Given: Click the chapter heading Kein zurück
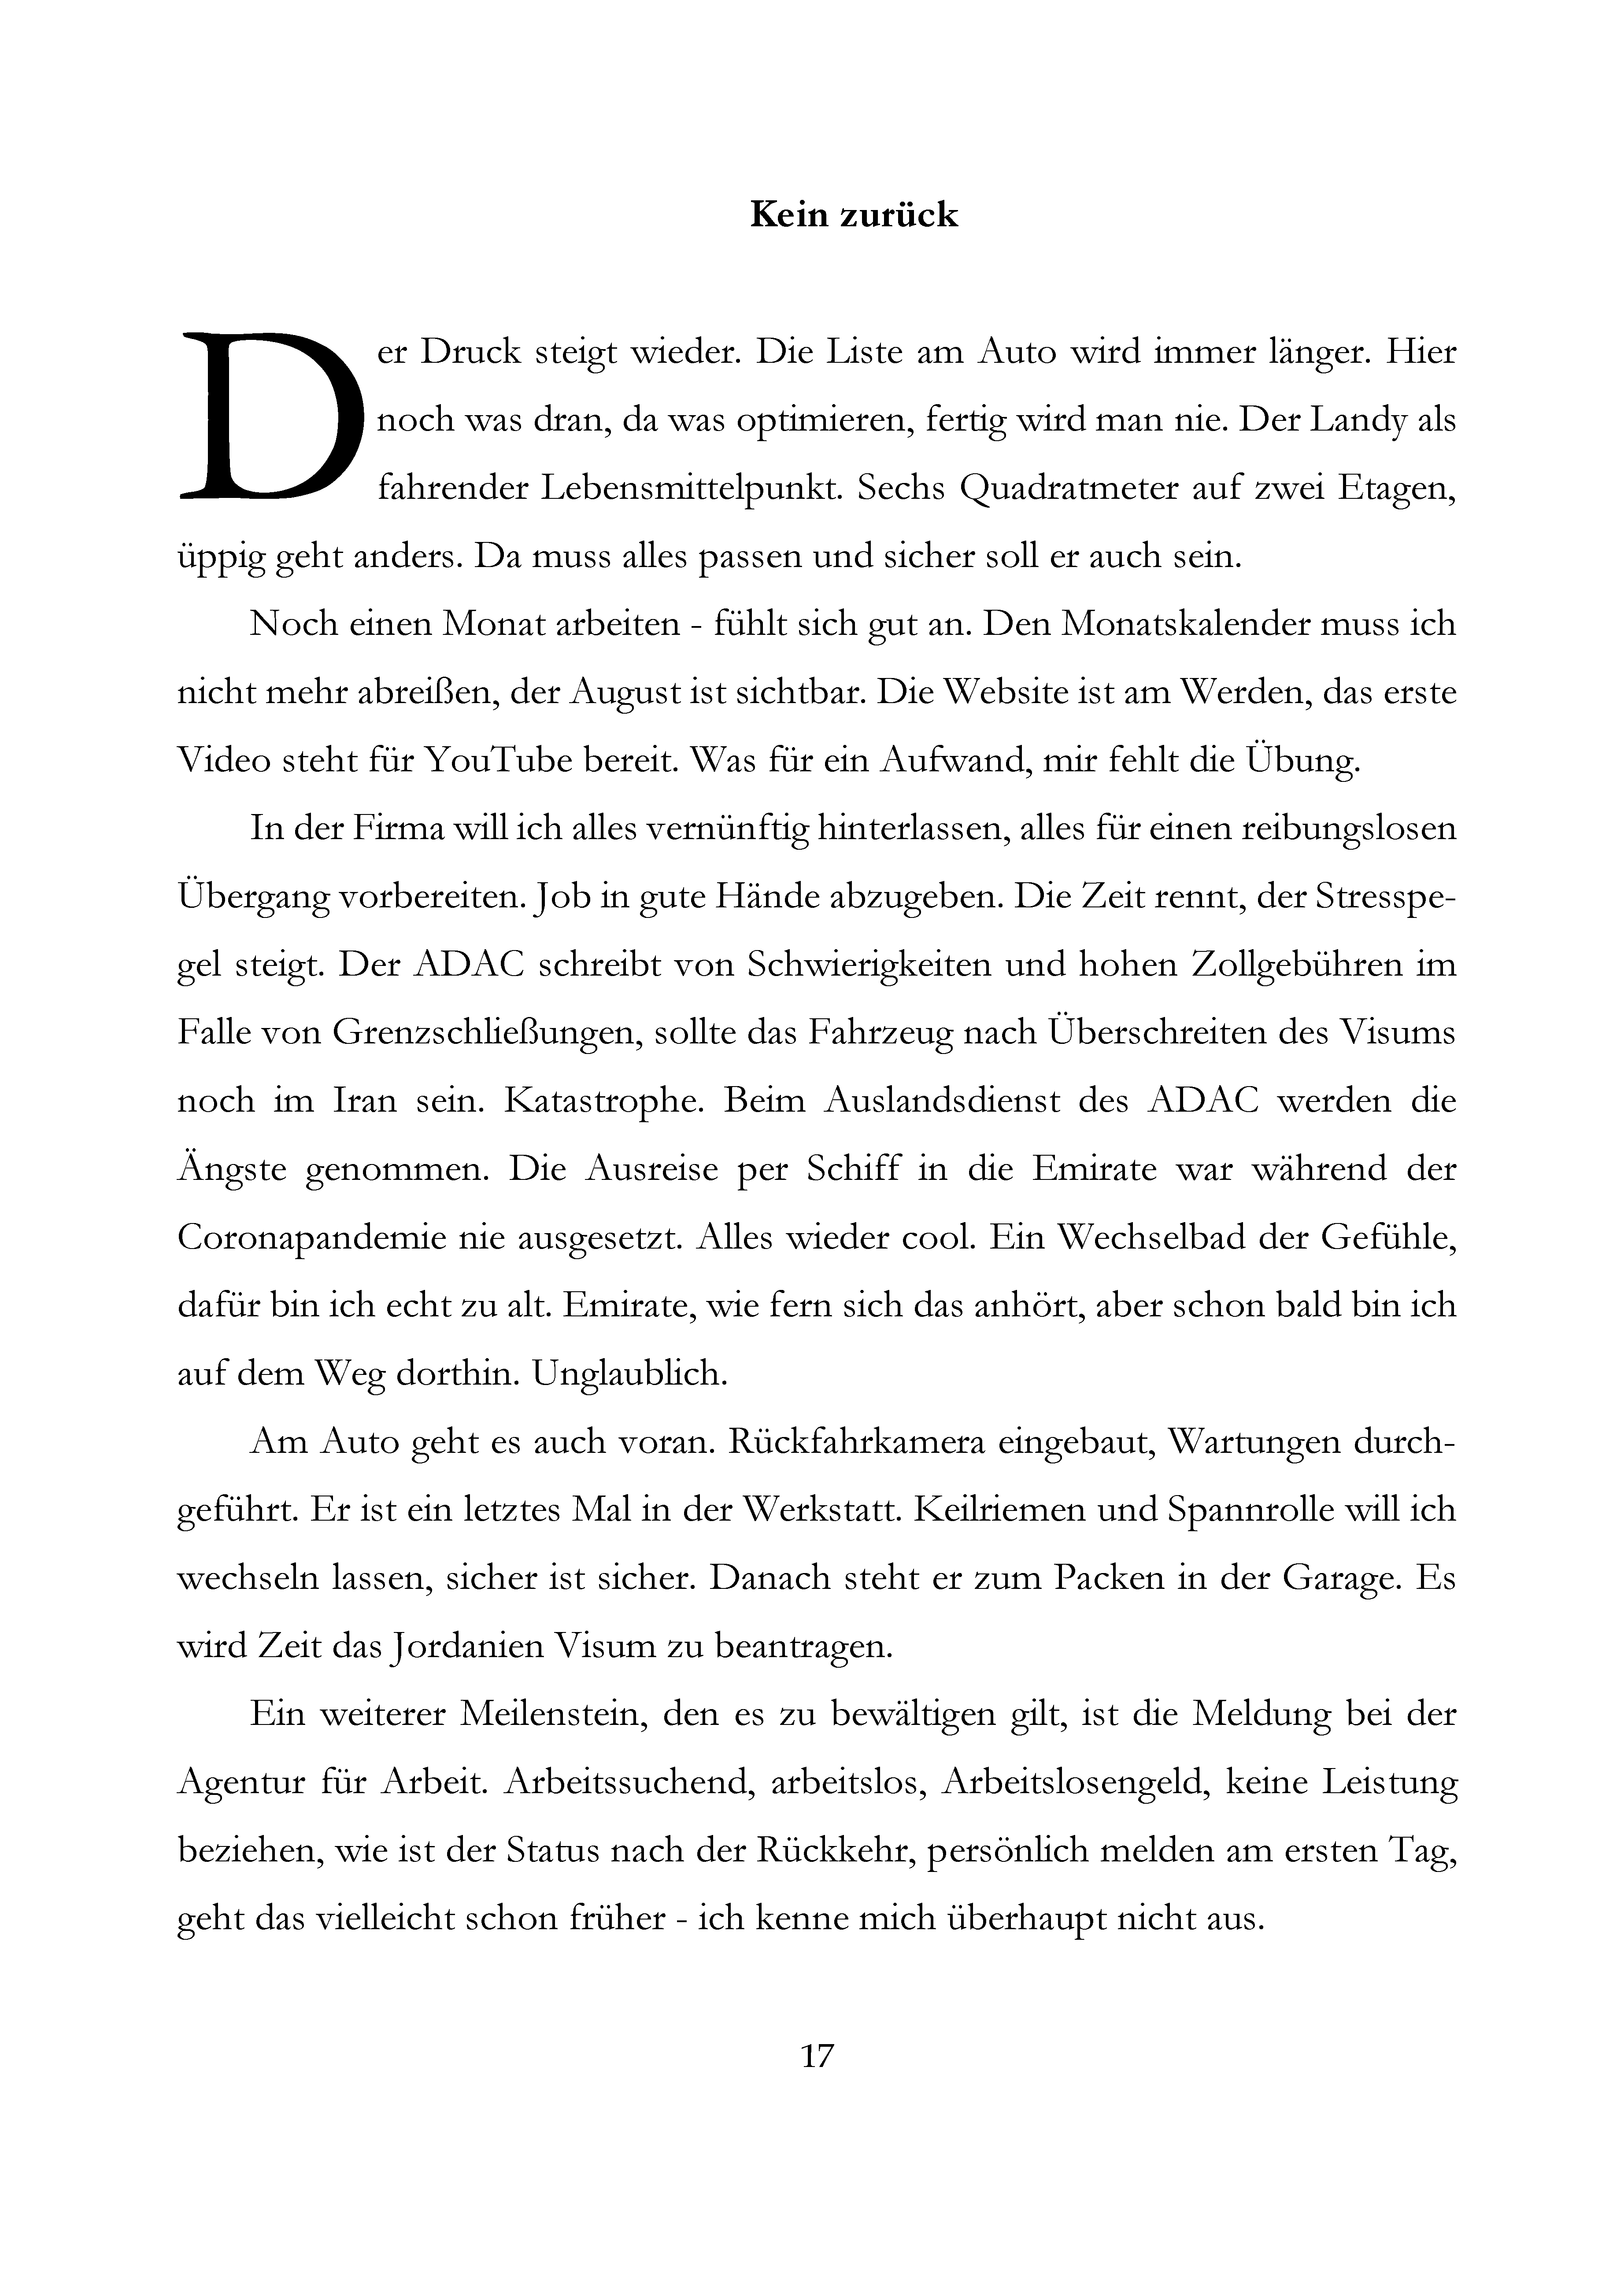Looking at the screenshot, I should point(853,215).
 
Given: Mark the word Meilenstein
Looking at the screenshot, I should point(542,1714).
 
